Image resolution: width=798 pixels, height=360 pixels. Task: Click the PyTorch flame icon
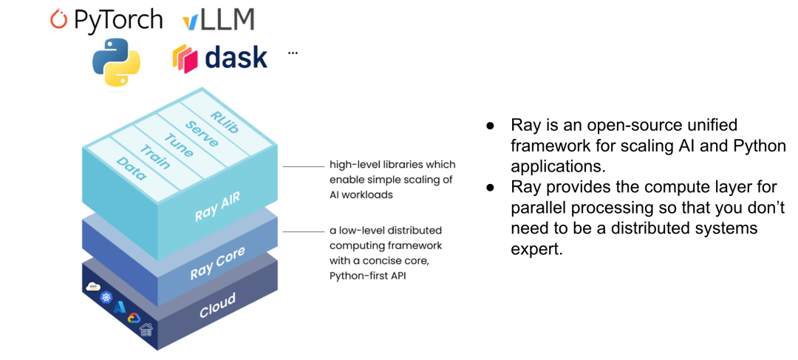(58, 19)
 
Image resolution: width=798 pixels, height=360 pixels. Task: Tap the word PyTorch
(118, 20)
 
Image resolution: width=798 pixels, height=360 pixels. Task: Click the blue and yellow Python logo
(116, 63)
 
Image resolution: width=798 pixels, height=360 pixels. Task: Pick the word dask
(236, 58)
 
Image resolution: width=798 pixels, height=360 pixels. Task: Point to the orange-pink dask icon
(185, 58)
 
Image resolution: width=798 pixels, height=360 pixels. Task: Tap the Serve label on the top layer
(201, 133)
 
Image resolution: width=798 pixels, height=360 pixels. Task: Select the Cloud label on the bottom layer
(217, 305)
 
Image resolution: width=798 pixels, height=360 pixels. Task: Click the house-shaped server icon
(146, 330)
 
